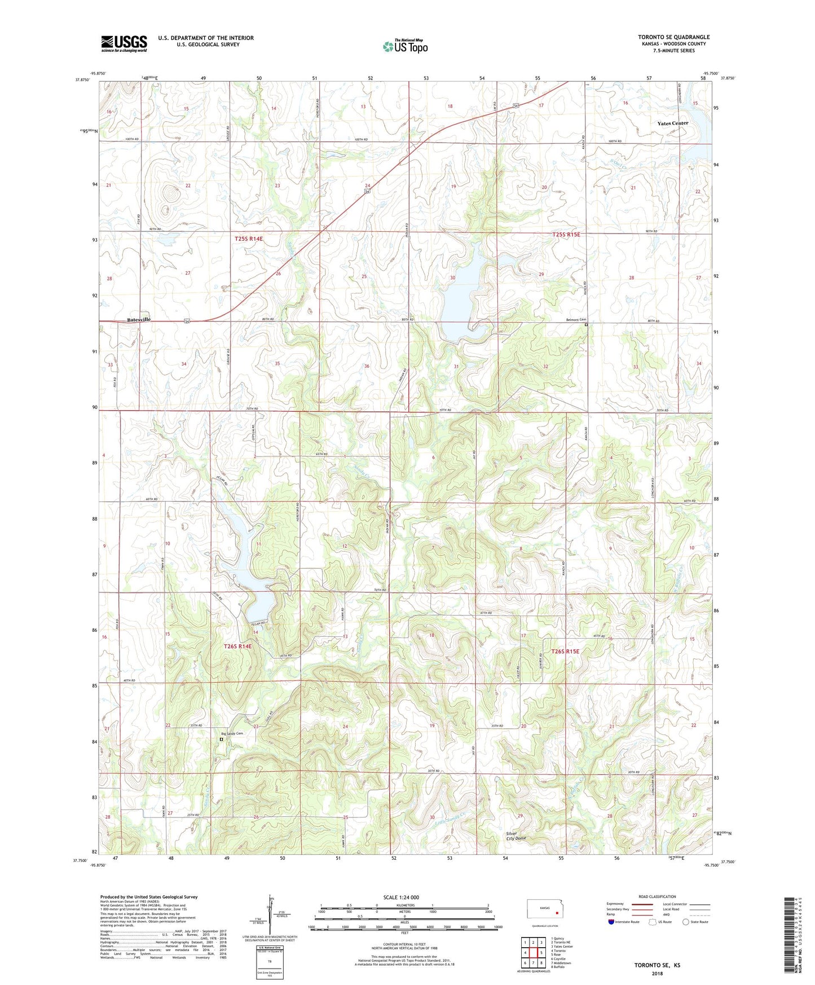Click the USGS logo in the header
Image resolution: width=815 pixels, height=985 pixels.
(124, 43)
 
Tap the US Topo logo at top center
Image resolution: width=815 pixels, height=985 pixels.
(405, 46)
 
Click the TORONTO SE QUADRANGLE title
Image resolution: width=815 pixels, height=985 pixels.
(673, 37)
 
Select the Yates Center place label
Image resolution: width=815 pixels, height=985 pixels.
(672, 123)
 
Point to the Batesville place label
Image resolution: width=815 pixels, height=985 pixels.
(139, 319)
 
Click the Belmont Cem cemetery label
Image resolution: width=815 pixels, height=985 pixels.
(576, 320)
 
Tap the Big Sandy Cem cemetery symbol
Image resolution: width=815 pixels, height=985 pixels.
(222, 738)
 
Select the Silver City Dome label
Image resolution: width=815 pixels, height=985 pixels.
(516, 836)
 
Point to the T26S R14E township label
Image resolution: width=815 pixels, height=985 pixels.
(237, 647)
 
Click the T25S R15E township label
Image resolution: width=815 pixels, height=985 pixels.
(566, 234)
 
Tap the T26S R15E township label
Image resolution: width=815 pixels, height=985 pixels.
(565, 651)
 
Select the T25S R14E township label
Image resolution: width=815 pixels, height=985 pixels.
(249, 239)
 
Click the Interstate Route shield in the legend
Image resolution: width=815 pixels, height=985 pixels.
(611, 922)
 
